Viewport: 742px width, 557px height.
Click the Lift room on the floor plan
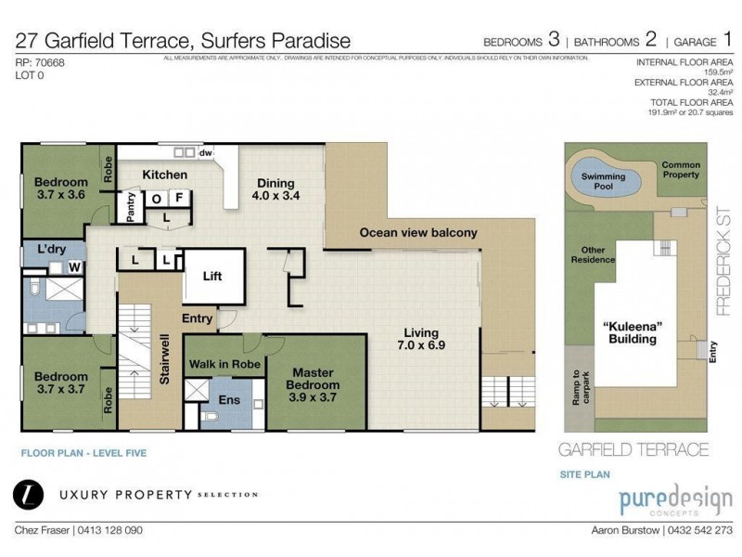click(x=213, y=276)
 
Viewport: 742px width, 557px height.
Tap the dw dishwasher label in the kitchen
click(x=207, y=153)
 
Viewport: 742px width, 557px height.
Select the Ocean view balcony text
click(x=417, y=233)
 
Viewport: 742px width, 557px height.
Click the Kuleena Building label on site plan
click(x=633, y=332)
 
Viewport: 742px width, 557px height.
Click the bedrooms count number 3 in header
click(x=554, y=40)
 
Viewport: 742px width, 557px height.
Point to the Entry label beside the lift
click(x=198, y=318)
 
